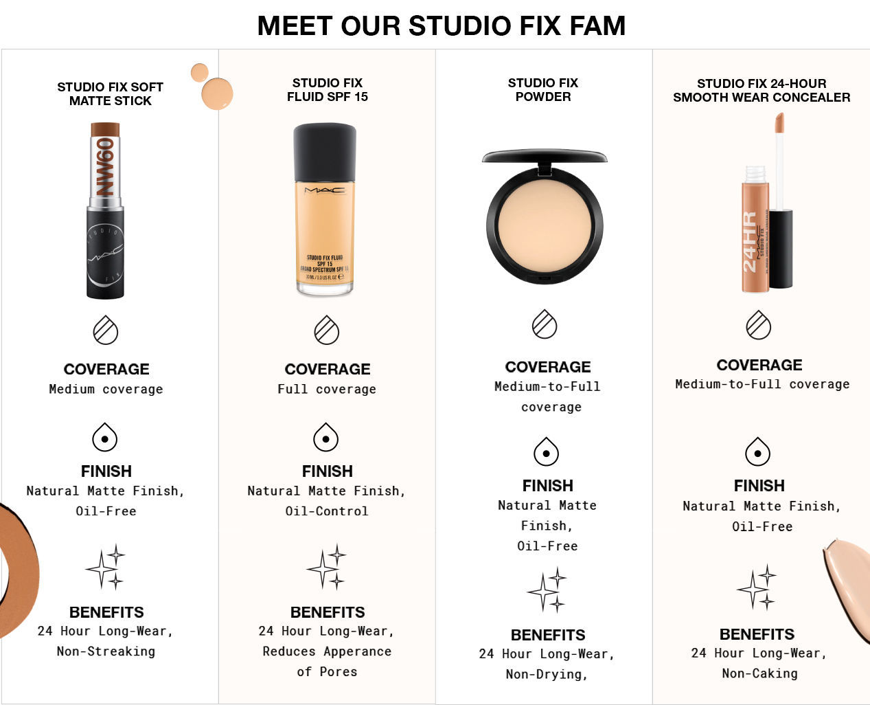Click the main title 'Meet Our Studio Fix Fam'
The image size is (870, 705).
tap(441, 26)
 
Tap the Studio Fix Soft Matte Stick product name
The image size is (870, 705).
tap(110, 94)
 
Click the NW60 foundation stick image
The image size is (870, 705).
tap(105, 210)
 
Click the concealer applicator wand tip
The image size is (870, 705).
tap(779, 123)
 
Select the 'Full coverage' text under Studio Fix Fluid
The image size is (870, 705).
tap(327, 389)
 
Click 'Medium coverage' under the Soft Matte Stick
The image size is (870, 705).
tap(106, 389)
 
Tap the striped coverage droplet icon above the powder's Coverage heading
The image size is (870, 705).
tap(545, 324)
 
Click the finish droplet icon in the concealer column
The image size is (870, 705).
tap(758, 452)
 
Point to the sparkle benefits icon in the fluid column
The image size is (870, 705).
tap(326, 568)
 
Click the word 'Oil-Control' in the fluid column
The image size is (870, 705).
tap(327, 511)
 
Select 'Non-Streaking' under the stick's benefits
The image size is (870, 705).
tap(106, 651)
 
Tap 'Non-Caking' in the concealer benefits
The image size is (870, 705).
tap(759, 673)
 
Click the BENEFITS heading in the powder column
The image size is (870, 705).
tap(547, 635)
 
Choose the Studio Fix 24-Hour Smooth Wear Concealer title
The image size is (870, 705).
tap(762, 90)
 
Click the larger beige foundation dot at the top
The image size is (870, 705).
tap(217, 93)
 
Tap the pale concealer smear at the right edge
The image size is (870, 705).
tap(848, 584)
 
